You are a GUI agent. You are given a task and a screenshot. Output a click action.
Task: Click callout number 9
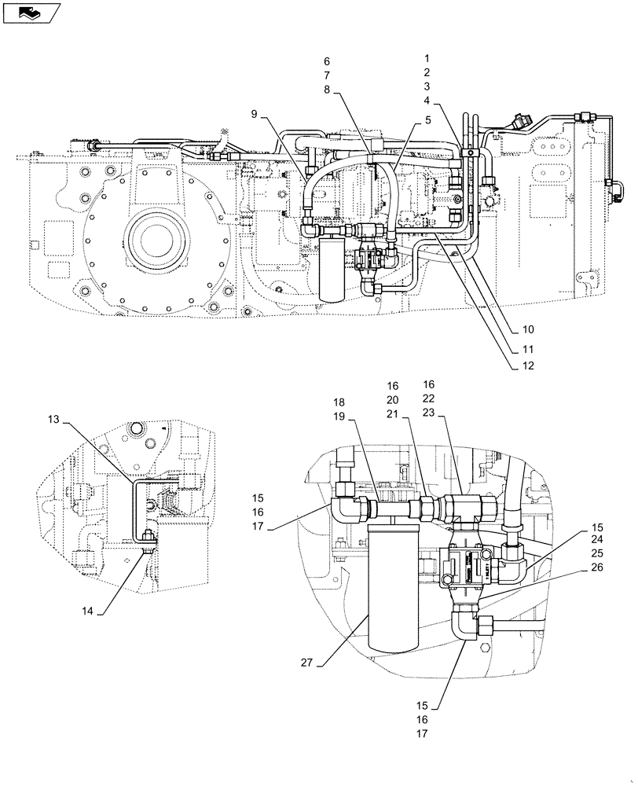(x=254, y=115)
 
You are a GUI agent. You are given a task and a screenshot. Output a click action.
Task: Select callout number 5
(x=428, y=120)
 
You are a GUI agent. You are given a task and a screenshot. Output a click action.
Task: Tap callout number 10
(x=527, y=329)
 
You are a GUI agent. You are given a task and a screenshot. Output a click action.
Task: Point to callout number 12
(x=527, y=366)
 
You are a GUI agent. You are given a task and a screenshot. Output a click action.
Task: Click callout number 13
(x=53, y=421)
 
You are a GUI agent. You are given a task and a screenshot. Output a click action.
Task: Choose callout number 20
(x=392, y=400)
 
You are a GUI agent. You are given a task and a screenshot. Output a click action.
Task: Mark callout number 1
(x=427, y=59)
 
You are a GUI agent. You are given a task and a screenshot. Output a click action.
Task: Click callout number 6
(x=327, y=61)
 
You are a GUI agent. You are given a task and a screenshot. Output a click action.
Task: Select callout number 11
(x=527, y=348)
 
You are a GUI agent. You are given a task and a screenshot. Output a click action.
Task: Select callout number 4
(x=427, y=101)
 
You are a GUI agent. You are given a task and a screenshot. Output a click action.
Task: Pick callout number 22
(x=428, y=399)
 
